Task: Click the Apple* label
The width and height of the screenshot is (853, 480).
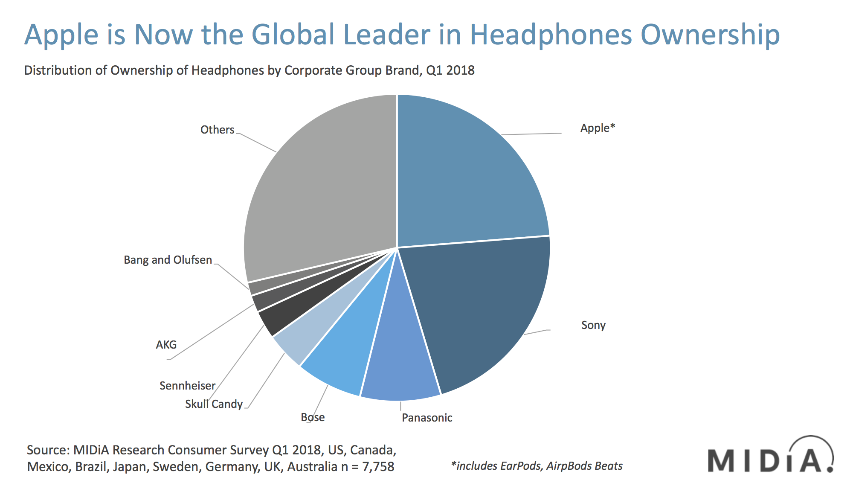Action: coord(598,128)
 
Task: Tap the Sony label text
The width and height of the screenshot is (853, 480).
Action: coord(593,325)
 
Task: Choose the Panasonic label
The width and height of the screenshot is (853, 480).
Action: coord(427,418)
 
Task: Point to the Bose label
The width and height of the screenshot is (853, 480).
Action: coord(313,417)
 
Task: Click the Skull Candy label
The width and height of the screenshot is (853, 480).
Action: coord(214,404)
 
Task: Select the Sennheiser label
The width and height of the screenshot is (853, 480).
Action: coord(187,386)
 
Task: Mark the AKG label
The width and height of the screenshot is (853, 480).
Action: coord(166,345)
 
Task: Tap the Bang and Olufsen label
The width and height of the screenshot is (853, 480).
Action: coord(168,260)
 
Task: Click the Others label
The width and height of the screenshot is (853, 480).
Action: coord(217,130)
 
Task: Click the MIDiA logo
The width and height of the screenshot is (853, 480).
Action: coord(770,457)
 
